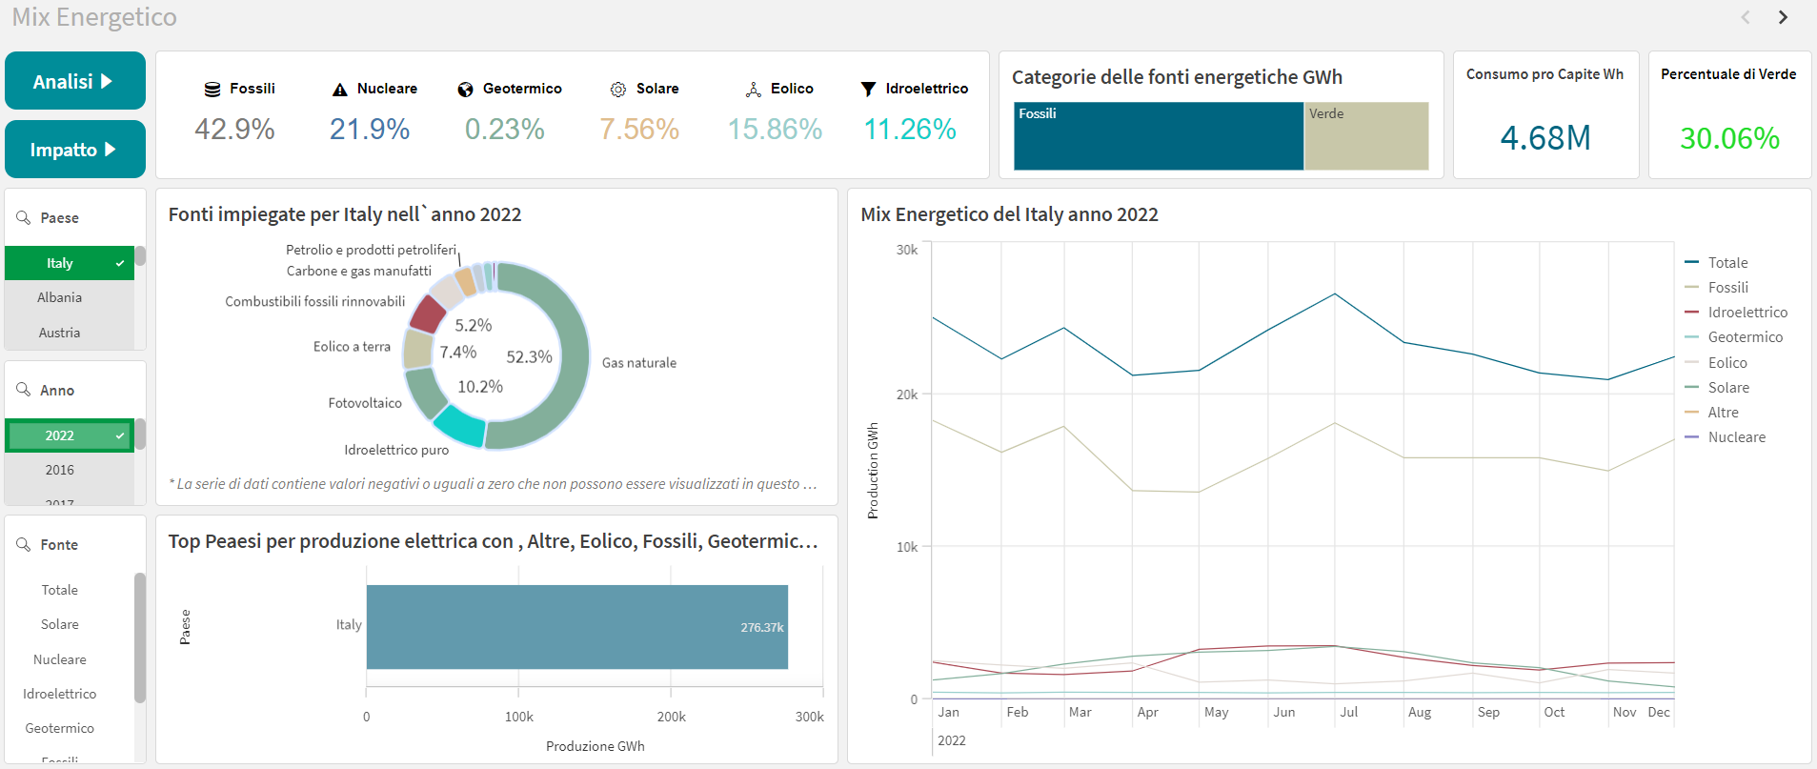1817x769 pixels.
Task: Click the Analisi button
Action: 74,81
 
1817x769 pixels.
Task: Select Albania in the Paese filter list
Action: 60,297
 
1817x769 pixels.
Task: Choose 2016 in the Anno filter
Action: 60,470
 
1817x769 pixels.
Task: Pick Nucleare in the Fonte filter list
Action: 60,659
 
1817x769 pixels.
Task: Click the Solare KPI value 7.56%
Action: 639,129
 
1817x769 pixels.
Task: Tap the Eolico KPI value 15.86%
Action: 775,129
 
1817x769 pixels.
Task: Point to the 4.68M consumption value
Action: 1545,138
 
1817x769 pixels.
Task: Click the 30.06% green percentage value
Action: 1729,138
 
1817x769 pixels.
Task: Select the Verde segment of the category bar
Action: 1366,136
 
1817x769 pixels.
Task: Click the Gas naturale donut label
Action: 639,363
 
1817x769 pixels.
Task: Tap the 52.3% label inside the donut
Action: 529,357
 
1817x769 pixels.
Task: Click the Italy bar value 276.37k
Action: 762,627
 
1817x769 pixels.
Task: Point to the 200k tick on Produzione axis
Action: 671,717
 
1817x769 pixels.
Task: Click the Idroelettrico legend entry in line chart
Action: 1747,313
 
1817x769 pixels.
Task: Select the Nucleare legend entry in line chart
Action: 1736,437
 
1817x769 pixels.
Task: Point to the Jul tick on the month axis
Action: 1348,712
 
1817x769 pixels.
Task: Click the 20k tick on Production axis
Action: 907,395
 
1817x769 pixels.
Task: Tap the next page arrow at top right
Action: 1783,17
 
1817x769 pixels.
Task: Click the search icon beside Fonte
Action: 24,544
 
